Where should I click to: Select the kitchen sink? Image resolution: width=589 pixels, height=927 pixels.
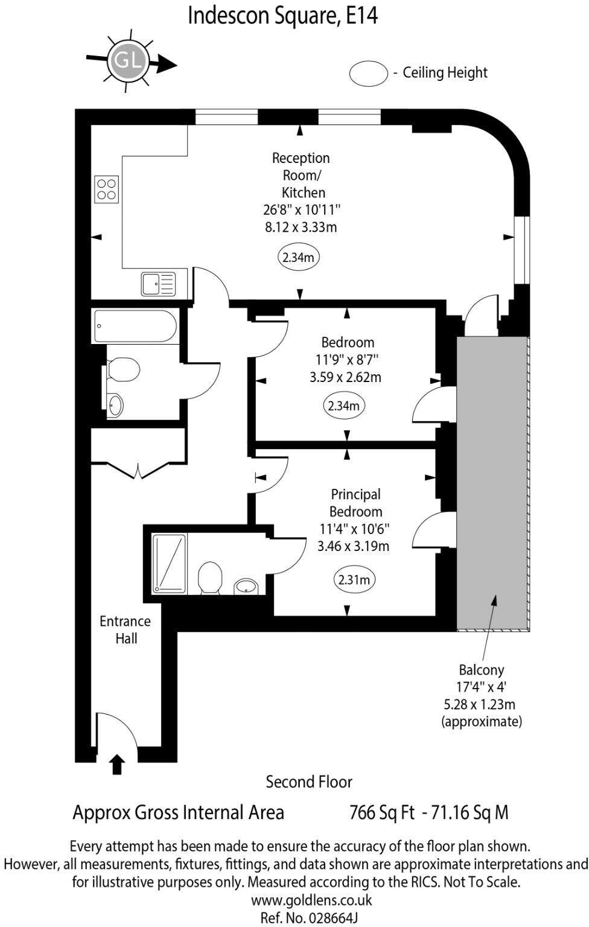[158, 284]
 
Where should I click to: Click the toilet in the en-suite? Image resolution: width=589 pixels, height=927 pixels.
[209, 578]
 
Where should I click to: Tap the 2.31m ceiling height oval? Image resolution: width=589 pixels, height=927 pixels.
[354, 580]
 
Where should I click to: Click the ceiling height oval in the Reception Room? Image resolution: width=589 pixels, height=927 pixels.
[298, 258]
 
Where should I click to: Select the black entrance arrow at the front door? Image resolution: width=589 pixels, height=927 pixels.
[117, 764]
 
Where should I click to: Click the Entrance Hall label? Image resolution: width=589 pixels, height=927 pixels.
[125, 629]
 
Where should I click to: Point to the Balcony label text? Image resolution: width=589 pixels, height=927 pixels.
[481, 669]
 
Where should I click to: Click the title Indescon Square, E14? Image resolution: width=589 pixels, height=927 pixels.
[282, 16]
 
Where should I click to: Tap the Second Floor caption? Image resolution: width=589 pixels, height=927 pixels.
[308, 782]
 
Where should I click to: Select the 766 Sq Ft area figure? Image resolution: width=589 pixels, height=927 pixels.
[381, 812]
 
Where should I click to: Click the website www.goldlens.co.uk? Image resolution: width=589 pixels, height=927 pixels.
[311, 900]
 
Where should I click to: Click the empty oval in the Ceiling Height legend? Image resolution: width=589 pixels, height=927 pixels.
[368, 73]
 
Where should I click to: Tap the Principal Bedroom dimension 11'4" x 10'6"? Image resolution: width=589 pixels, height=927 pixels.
[354, 529]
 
